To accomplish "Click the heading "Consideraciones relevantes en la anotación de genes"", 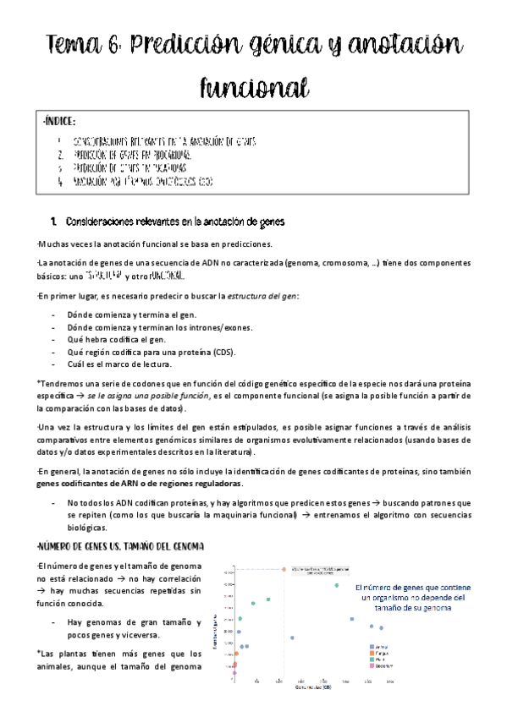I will [176, 222].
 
